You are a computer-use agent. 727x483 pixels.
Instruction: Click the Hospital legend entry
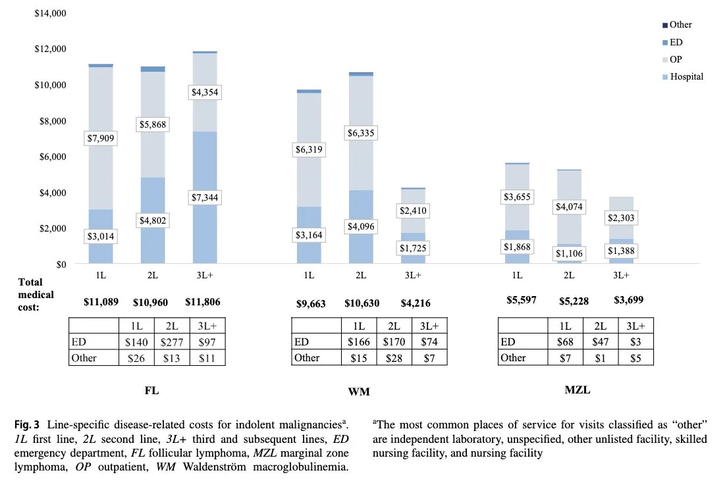click(x=683, y=76)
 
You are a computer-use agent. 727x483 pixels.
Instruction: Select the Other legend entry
click(x=677, y=24)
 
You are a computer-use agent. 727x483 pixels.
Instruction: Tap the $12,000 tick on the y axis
click(x=50, y=49)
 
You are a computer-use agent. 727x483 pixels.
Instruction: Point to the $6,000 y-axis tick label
click(x=53, y=157)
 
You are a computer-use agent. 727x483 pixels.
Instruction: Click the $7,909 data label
click(x=101, y=138)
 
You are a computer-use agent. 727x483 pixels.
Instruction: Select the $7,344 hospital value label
click(x=204, y=197)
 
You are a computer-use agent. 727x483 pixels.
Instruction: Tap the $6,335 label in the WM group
click(x=361, y=133)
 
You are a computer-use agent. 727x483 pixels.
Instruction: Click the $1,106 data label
click(x=569, y=253)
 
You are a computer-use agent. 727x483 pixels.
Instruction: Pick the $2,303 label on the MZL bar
click(x=621, y=218)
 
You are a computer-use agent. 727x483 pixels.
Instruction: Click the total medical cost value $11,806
click(x=203, y=302)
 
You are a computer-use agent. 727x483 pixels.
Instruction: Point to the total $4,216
click(x=416, y=303)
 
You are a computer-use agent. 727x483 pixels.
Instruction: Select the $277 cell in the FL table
click(x=172, y=342)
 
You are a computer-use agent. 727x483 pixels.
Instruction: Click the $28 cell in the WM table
click(x=394, y=358)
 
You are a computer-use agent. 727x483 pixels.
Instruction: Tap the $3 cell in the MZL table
click(x=635, y=342)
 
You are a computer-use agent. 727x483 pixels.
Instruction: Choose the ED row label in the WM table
click(x=302, y=342)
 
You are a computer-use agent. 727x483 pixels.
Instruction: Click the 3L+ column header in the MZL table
click(x=635, y=326)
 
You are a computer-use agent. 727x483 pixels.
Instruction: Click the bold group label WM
click(x=359, y=392)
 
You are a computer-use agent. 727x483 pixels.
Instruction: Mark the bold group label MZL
click(x=578, y=390)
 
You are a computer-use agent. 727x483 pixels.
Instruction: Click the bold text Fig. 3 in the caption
click(x=27, y=424)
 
